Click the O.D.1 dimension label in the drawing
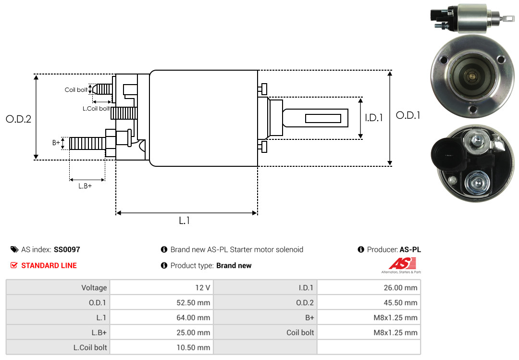pyautogui.click(x=408, y=115)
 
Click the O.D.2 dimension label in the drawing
pyautogui.click(x=18, y=119)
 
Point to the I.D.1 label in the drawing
pyautogui.click(x=373, y=117)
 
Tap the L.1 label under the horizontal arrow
pyautogui.click(x=185, y=221)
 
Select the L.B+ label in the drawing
pyautogui.click(x=85, y=186)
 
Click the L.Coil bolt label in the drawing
pyautogui.click(x=96, y=109)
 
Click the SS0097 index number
pyautogui.click(x=67, y=250)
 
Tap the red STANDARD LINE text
pyautogui.click(x=49, y=265)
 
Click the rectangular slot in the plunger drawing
pyautogui.click(x=323, y=118)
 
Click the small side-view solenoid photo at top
pyautogui.click(x=466, y=17)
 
